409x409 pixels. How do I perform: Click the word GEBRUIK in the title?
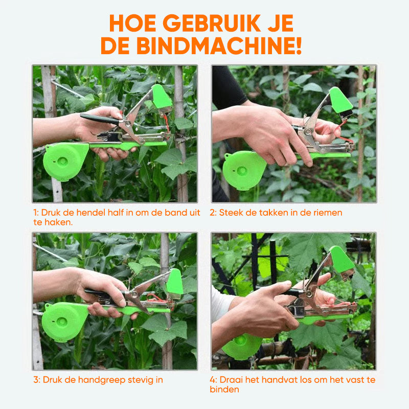pos(212,24)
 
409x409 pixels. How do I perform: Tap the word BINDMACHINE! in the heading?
pos(219,46)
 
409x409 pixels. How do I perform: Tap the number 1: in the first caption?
pos(36,213)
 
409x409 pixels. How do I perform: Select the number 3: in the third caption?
pos(37,380)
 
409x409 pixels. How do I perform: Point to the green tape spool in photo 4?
pos(241,347)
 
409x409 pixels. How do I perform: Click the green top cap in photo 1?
pos(161,97)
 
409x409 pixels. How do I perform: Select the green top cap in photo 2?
pos(340,100)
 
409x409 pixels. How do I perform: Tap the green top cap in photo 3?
pos(175,282)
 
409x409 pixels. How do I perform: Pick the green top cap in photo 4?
pos(342,260)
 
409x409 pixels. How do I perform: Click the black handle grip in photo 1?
pos(100,119)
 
